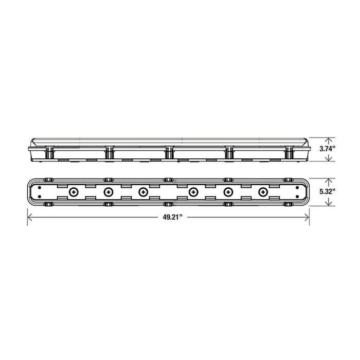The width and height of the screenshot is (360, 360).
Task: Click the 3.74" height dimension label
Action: coord(327,149)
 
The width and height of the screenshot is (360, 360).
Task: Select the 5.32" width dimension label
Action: coord(327,192)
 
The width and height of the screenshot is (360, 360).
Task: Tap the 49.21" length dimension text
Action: coord(170,217)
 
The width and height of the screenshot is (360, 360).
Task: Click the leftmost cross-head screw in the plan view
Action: coord(74,192)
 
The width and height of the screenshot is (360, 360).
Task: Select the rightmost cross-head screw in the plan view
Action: coord(263,192)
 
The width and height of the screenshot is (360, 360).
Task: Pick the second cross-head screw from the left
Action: coord(109,192)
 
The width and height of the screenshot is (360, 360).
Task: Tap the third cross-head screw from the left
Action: coord(142,192)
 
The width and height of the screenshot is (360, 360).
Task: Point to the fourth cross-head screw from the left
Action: coord(194,192)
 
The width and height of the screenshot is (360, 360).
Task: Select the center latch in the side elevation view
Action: coord(168,151)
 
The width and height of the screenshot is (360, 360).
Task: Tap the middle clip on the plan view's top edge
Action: coord(168,179)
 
